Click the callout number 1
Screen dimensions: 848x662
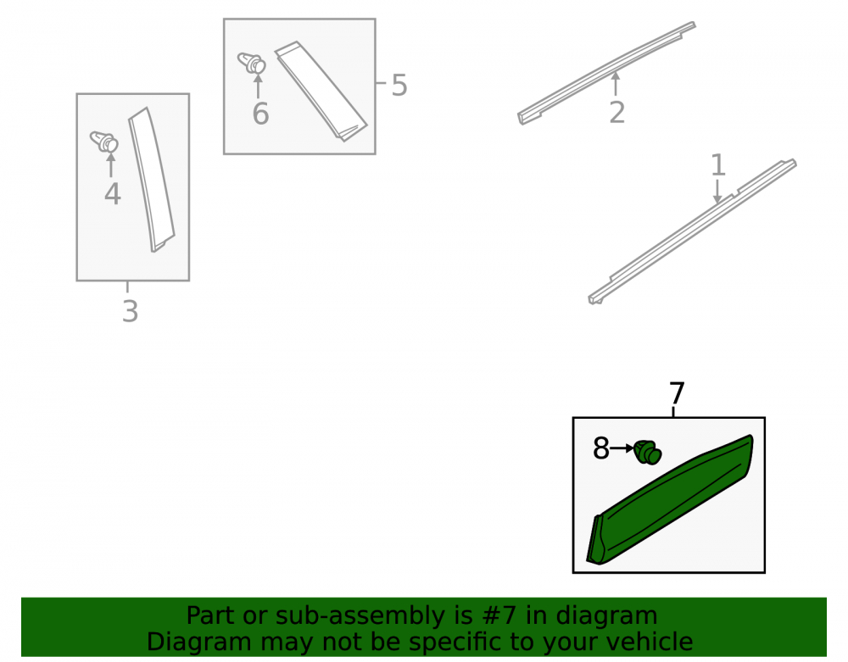point(717,164)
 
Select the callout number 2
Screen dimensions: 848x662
point(617,113)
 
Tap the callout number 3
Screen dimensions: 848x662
point(131,311)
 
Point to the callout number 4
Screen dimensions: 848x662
point(113,194)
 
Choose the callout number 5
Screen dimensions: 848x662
point(399,86)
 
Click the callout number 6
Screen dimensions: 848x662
point(260,114)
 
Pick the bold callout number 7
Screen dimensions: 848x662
point(677,393)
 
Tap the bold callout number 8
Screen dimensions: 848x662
point(601,448)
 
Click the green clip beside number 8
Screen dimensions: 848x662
point(647,453)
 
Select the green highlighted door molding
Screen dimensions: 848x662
point(671,500)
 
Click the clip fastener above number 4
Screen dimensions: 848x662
point(104,142)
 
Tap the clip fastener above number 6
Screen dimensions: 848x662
point(252,64)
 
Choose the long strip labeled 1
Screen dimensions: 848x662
point(693,231)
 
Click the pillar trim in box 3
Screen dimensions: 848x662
point(152,180)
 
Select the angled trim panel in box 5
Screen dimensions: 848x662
point(321,92)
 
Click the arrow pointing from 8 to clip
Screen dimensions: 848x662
point(622,448)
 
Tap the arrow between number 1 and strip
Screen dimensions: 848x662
point(717,192)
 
